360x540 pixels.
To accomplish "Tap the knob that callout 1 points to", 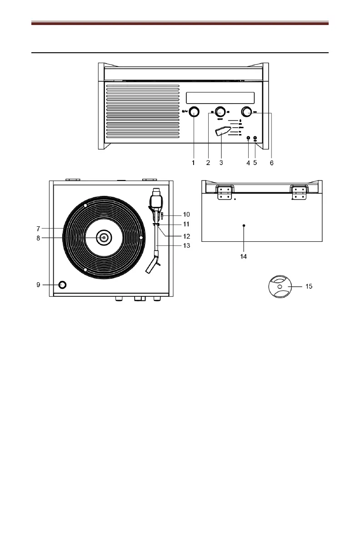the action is tap(194, 112).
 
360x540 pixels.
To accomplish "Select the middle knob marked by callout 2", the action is tap(220, 111).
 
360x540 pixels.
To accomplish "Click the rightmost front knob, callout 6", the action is tap(247, 111).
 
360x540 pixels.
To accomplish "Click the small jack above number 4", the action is tap(248, 138).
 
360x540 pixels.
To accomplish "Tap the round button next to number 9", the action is tap(62, 285).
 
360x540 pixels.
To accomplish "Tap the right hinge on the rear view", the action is tap(298, 192).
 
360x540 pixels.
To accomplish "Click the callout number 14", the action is tap(244, 256).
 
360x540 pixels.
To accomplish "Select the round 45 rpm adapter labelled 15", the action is tap(279, 287).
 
